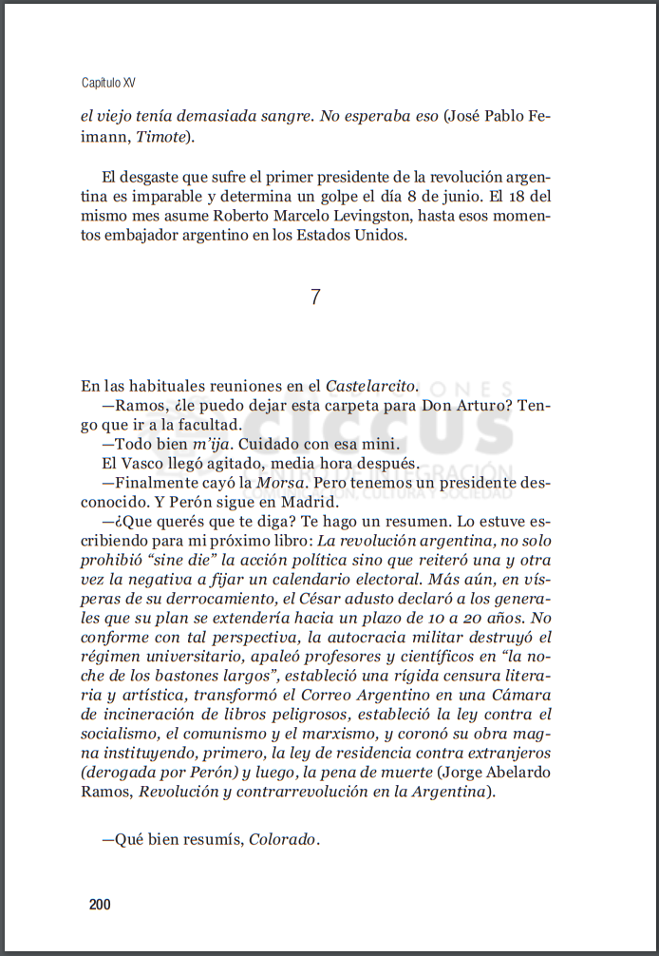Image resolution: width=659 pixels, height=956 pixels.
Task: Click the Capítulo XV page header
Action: click(108, 84)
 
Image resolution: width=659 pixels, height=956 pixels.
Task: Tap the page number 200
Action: click(100, 905)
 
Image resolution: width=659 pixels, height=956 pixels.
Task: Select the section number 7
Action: click(315, 296)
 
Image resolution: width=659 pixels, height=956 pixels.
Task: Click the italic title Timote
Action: click(166, 138)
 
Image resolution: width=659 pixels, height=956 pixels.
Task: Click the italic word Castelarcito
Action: click(370, 386)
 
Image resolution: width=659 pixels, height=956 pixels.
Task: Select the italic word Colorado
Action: click(283, 840)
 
